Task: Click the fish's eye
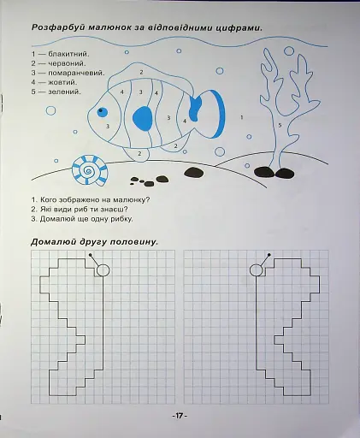(x=103, y=112)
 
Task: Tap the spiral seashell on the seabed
(x=90, y=170)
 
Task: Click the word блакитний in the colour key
(x=68, y=54)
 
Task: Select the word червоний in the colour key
(x=67, y=63)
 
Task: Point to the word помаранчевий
(x=76, y=73)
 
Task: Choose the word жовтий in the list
(x=62, y=82)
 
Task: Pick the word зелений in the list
(x=64, y=92)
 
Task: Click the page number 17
(x=179, y=416)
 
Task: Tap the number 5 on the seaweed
(x=280, y=125)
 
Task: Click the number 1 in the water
(x=242, y=117)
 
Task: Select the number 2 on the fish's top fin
(x=141, y=72)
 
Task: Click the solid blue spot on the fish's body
(x=143, y=118)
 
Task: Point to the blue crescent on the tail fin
(x=220, y=114)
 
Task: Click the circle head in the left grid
(x=103, y=270)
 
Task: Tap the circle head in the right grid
(x=256, y=270)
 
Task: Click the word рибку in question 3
(x=122, y=219)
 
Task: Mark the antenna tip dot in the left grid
(x=90, y=254)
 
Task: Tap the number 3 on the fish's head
(x=108, y=126)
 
